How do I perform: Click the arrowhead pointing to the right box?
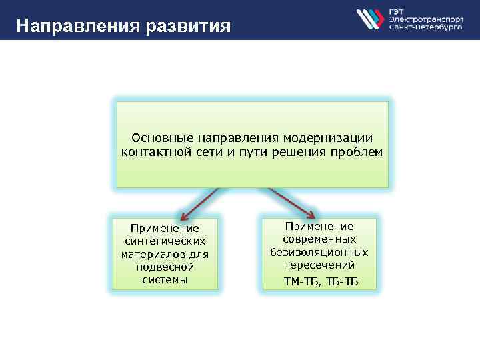pyautogui.click(x=311, y=214)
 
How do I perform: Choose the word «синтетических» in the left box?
pyautogui.click(x=165, y=241)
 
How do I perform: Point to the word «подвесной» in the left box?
pyautogui.click(x=165, y=267)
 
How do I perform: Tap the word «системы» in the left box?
pyautogui.click(x=165, y=279)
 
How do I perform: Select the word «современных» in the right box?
pyautogui.click(x=319, y=239)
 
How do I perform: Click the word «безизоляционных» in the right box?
pyautogui.click(x=319, y=252)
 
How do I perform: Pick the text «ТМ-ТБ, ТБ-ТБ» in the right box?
pyautogui.click(x=321, y=281)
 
